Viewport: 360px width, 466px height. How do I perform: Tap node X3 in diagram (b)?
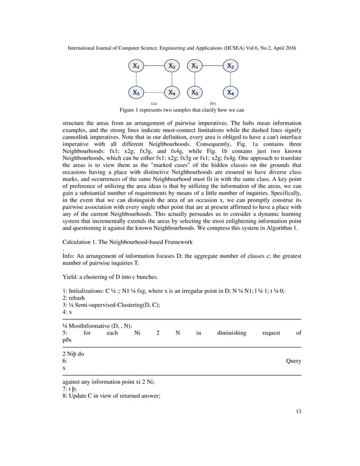[x=195, y=92]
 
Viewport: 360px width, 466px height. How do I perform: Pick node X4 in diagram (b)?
[x=230, y=92]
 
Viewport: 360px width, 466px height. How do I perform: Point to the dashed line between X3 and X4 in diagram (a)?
[x=154, y=92]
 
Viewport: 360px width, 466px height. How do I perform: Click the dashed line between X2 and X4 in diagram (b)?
[x=230, y=79]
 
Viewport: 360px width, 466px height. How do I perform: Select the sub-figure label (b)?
[x=213, y=104]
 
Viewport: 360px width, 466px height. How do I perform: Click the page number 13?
[x=298, y=411]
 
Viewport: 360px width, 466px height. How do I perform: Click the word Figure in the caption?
[x=128, y=110]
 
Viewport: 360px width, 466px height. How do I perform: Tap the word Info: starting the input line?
[x=68, y=256]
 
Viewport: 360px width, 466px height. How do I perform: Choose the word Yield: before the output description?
[x=69, y=277]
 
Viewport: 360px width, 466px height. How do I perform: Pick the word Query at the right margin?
[x=293, y=360]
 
